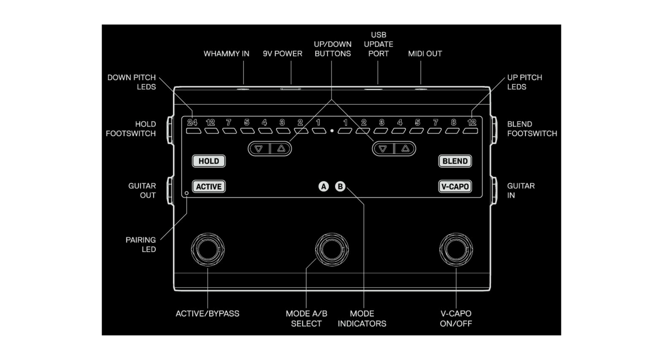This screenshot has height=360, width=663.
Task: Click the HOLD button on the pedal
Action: (x=209, y=161)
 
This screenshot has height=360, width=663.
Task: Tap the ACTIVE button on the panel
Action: (x=209, y=187)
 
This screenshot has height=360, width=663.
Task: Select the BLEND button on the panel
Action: (x=455, y=161)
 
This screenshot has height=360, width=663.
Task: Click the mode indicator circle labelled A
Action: (x=324, y=187)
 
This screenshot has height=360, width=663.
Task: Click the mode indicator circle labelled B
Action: (x=340, y=187)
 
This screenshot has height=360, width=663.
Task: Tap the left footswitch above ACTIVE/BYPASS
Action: (x=208, y=249)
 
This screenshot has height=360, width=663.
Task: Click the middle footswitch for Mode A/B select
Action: (x=332, y=249)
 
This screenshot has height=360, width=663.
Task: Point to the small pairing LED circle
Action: (x=187, y=193)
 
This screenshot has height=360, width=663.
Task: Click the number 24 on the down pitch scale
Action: (x=192, y=123)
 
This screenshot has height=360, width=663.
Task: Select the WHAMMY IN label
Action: (x=226, y=54)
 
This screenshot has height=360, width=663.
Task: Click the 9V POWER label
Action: (x=282, y=54)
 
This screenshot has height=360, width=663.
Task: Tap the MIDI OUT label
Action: (x=425, y=54)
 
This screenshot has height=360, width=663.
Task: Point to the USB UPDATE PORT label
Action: (x=378, y=44)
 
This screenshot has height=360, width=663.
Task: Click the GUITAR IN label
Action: (x=521, y=191)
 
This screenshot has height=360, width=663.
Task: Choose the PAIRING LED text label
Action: (x=141, y=245)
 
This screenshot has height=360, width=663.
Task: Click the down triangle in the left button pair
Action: (x=259, y=149)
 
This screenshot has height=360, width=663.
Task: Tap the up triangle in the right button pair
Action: (x=405, y=149)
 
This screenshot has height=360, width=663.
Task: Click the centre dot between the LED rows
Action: (x=332, y=131)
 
